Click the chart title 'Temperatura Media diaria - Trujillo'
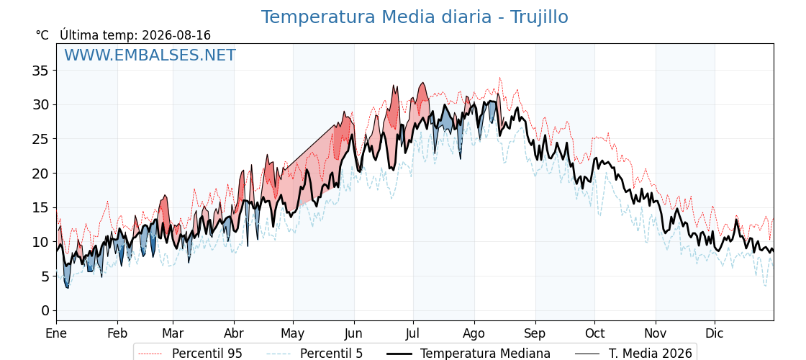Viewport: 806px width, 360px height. [415, 17]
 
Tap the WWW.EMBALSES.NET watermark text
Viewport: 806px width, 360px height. [150, 55]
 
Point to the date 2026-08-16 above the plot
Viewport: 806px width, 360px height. [176, 35]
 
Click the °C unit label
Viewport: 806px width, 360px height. [42, 35]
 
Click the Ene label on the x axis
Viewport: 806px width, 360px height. [56, 333]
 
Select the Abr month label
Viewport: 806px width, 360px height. [234, 333]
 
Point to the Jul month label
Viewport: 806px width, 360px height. [413, 333]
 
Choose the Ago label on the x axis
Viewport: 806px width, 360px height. [474, 333]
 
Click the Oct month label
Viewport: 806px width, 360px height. [594, 333]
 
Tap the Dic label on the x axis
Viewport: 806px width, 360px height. [715, 333]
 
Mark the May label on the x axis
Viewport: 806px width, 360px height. [293, 333]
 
